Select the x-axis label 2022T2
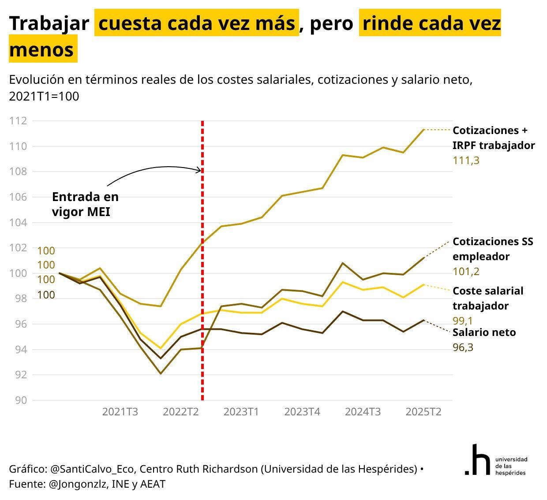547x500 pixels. pos(180,412)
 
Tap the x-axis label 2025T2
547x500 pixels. pos(423,412)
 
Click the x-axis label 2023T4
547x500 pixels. pos(302,412)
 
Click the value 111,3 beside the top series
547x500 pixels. pos(466,160)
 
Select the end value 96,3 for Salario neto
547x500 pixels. pos(463,347)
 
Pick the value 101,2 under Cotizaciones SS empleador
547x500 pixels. pos(466,272)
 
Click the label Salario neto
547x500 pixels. pos(484,332)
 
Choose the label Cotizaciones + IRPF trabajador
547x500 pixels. pos(493,138)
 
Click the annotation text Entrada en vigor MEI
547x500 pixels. pos(85,204)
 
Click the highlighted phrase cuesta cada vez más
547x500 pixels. pos(197,23)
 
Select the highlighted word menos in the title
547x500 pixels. pos(41,49)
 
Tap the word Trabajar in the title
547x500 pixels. pos(49,23)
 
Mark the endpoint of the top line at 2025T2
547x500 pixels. pos(423,130)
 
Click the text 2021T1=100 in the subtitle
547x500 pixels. pos(44,96)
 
